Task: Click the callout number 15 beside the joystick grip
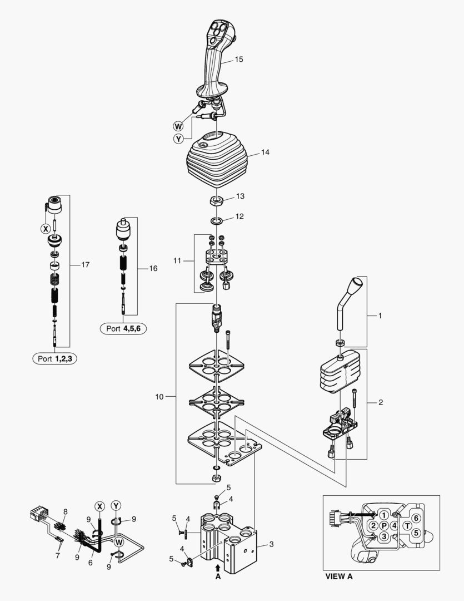[x=239, y=59]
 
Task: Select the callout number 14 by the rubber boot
[x=265, y=152]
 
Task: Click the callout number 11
[x=177, y=260]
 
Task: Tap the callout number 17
[x=85, y=265]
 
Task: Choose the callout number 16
[x=153, y=268]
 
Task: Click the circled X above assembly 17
[x=46, y=228]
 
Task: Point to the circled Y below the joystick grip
[x=178, y=139]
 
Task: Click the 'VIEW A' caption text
[x=338, y=577]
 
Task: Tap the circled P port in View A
[x=383, y=526]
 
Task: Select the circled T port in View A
[x=407, y=525]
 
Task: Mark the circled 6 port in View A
[x=415, y=519]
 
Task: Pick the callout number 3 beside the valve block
[x=271, y=544]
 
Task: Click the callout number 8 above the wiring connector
[x=65, y=511]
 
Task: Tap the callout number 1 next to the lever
[x=380, y=316]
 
